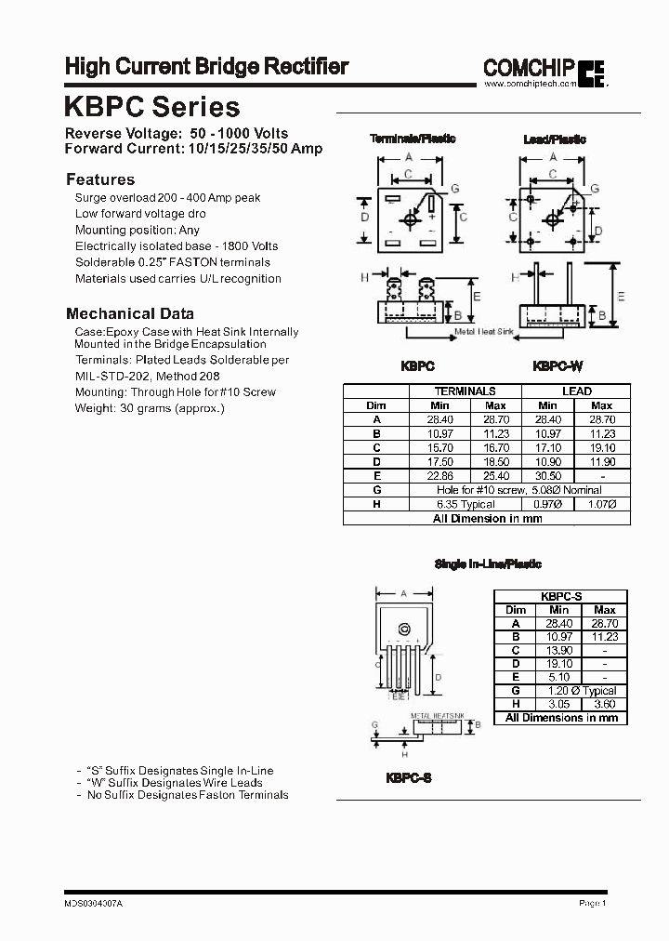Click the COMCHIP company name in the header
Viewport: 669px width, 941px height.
528,67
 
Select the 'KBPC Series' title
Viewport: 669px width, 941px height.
152,107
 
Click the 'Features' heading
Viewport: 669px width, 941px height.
100,179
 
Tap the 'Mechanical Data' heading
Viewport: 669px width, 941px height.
130,313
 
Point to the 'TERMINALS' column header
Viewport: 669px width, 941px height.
466,391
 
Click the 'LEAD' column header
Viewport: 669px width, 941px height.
576,391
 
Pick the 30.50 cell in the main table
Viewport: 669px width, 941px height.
547,475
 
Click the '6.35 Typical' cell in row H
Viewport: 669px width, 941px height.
466,503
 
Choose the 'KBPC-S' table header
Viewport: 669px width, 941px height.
560,596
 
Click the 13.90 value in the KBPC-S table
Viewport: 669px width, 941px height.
560,650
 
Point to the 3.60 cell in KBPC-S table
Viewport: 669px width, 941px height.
605,704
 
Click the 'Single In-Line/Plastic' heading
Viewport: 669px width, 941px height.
488,563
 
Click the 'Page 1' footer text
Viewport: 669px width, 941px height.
592,903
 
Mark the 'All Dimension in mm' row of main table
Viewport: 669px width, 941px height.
488,518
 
